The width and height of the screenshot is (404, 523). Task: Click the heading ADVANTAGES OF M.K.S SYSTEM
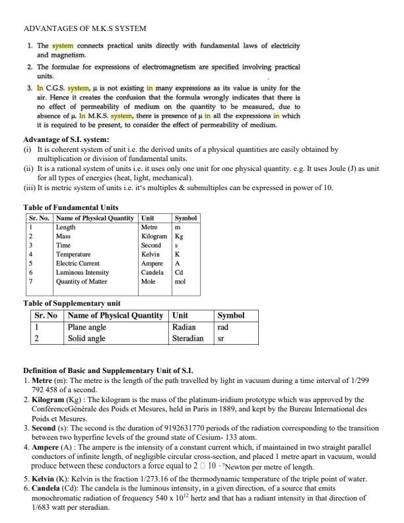[84, 28]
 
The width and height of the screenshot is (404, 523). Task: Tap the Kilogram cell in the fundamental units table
[154, 236]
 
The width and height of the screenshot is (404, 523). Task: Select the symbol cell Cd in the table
[179, 271]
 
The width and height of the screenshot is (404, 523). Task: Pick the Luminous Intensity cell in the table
[83, 271]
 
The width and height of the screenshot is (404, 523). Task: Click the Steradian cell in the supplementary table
[187, 338]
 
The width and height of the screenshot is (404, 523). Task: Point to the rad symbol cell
[223, 326]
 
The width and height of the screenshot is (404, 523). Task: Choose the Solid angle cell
[86, 338]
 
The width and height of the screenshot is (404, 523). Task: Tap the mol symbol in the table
[180, 281]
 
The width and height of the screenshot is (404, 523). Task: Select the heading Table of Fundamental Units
[71, 207]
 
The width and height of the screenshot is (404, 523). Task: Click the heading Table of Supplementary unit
[72, 303]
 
